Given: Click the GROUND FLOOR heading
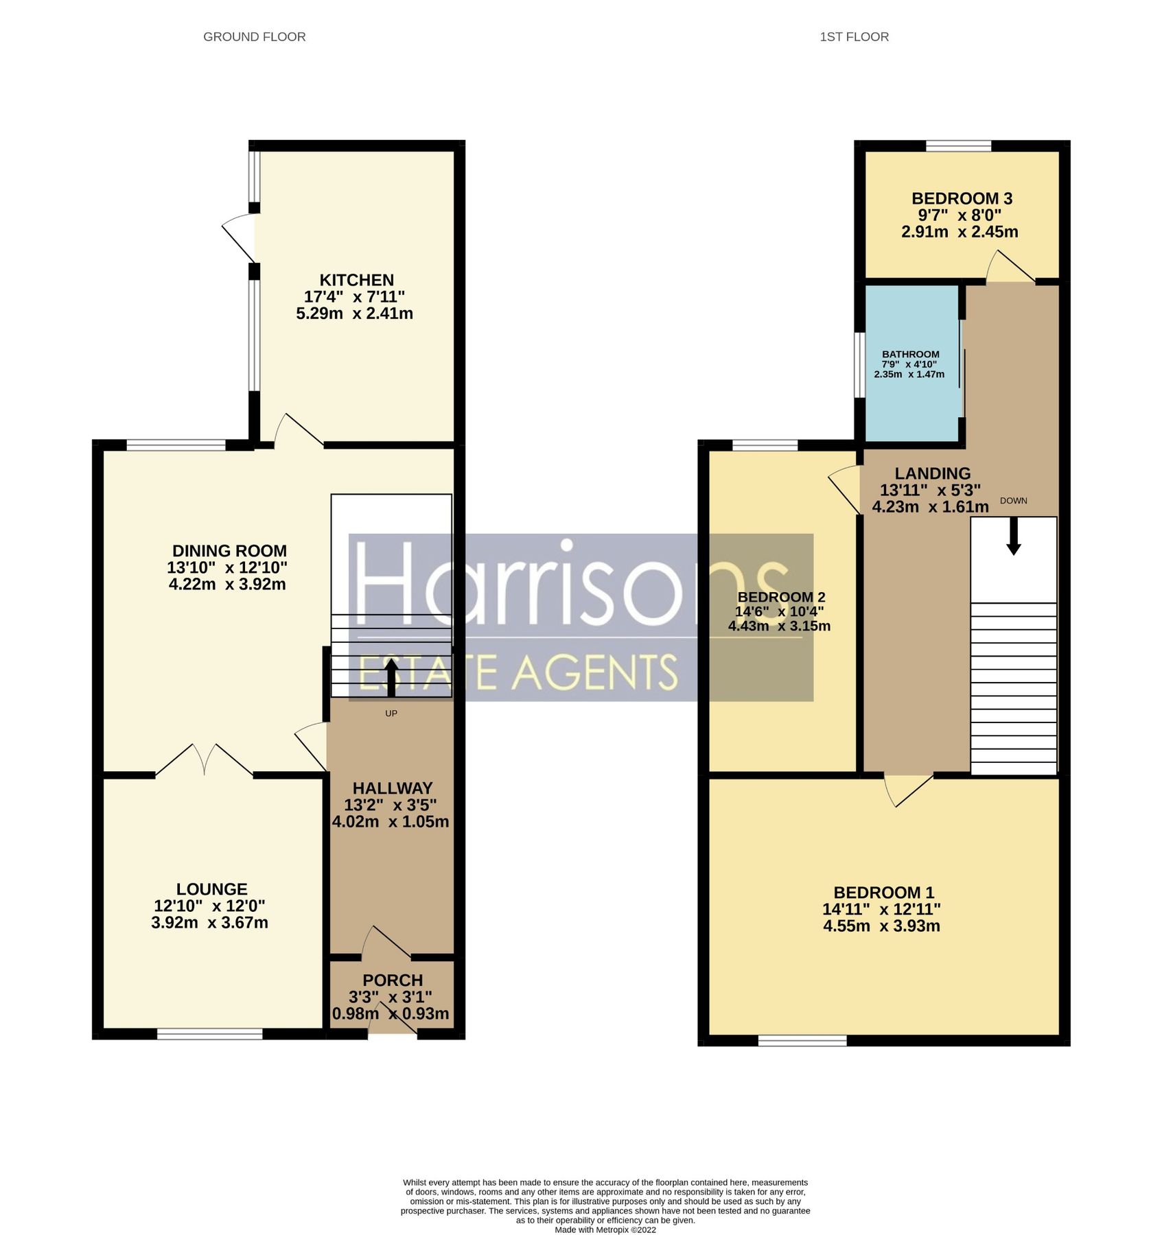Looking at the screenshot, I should click(254, 37).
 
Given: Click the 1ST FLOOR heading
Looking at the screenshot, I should click(854, 37).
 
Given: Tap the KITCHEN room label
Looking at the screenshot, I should click(356, 280).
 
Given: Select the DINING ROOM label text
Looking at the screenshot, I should click(229, 551).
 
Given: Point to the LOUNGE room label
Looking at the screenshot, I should click(211, 889).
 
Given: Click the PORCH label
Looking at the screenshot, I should click(393, 980).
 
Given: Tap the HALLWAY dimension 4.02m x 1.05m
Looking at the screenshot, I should click(391, 822).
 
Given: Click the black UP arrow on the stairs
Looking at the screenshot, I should click(391, 677).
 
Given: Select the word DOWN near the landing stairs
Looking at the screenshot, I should click(1013, 501).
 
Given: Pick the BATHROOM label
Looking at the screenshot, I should click(911, 354).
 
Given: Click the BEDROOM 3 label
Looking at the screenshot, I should click(962, 199).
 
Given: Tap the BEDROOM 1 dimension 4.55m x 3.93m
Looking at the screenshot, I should click(881, 926).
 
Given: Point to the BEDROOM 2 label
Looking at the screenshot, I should click(781, 597).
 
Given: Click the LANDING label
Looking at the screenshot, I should click(932, 473).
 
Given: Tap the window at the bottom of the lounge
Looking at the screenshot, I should click(210, 1034).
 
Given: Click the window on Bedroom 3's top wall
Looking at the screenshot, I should click(958, 145).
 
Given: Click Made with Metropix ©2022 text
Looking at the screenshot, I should click(605, 1230).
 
